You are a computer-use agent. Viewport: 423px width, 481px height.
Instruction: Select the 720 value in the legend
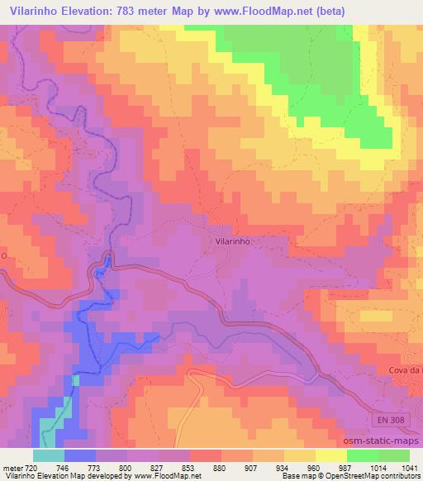[31, 469]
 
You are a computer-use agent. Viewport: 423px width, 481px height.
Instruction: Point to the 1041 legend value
[410, 469]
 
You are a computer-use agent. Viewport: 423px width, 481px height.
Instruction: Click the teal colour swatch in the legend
[48, 455]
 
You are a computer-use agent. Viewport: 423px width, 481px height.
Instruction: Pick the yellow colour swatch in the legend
[331, 455]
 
